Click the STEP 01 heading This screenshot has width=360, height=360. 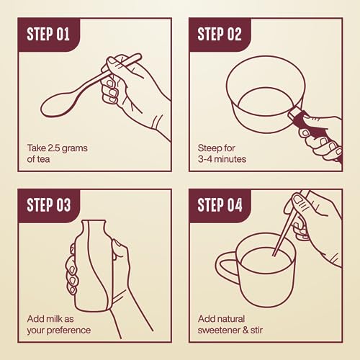point(48,34)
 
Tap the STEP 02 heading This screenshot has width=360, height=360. point(220,34)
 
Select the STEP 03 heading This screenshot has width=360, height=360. point(49,205)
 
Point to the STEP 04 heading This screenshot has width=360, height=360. point(220,205)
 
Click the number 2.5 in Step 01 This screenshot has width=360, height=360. point(53,148)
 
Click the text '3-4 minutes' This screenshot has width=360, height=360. point(222,159)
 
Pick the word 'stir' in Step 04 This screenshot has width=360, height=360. point(256,330)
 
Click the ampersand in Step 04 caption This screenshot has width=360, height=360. point(246,330)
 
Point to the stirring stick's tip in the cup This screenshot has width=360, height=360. point(274,256)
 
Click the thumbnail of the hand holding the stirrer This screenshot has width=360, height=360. point(298,199)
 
